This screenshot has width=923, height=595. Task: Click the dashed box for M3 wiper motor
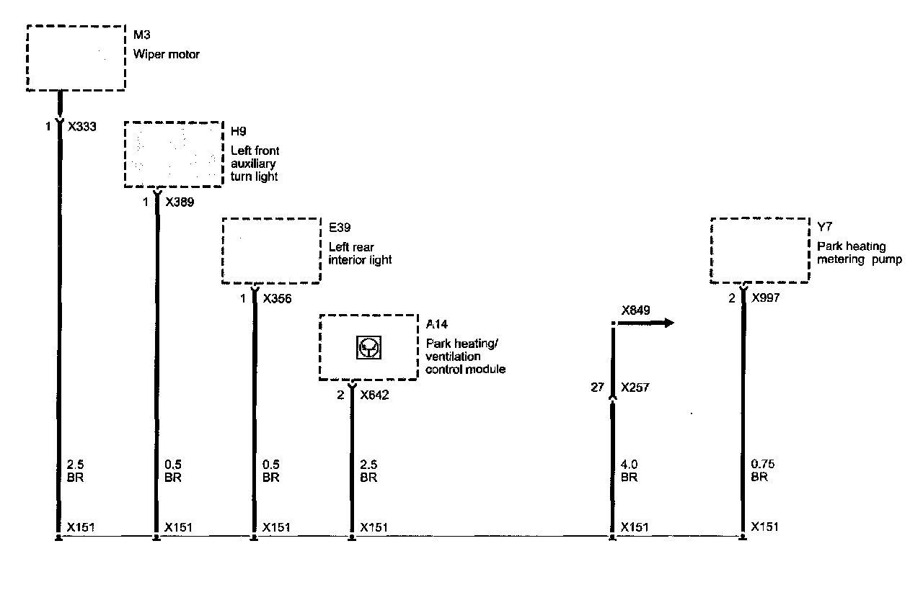pyautogui.click(x=76, y=58)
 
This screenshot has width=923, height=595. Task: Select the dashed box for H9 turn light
pyautogui.click(x=173, y=154)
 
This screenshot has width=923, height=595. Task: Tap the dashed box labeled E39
pyautogui.click(x=270, y=251)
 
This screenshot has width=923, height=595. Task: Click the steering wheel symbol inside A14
pyautogui.click(x=369, y=349)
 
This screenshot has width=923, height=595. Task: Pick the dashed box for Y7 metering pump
pyautogui.click(x=760, y=251)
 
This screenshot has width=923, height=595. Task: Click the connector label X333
pyautogui.click(x=82, y=126)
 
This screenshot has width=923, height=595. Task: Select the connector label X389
pyautogui.click(x=180, y=202)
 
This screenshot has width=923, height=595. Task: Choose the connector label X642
pyautogui.click(x=374, y=395)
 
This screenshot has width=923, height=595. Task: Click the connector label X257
pyautogui.click(x=635, y=388)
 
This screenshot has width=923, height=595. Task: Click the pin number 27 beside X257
pyautogui.click(x=597, y=388)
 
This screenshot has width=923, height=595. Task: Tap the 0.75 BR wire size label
pyautogui.click(x=764, y=470)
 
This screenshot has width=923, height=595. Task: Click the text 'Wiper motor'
pyautogui.click(x=166, y=54)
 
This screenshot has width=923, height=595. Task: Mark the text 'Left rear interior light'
pyautogui.click(x=360, y=253)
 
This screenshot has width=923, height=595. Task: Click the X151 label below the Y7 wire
pyautogui.click(x=765, y=527)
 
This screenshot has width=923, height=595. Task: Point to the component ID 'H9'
pyautogui.click(x=238, y=132)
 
